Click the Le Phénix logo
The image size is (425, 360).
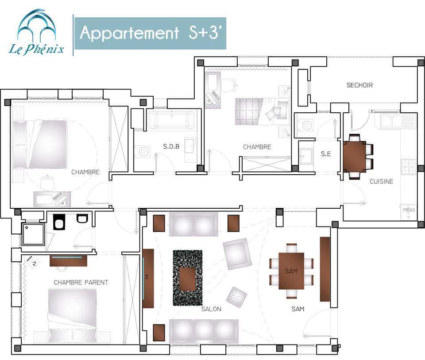click(36, 32)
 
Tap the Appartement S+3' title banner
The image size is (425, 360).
click(151, 33)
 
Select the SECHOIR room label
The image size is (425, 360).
click(359, 85)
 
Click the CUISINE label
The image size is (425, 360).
click(381, 181)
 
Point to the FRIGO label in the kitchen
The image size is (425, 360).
click(409, 210)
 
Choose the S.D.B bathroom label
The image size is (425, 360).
click(171, 146)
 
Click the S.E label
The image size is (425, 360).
click(326, 154)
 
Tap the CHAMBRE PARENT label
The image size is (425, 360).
click(81, 282)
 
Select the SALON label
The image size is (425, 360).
click(211, 309)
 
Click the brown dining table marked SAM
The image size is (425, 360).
click(291, 271)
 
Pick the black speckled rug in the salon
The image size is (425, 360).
click(188, 278)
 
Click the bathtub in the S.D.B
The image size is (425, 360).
click(172, 120)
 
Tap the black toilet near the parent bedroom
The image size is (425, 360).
click(59, 222)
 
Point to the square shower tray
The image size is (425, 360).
click(33, 234)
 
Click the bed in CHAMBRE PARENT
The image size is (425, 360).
click(72, 316)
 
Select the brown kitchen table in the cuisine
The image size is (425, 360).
click(355, 157)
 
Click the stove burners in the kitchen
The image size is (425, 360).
click(408, 167)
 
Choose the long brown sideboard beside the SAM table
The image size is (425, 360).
click(325, 269)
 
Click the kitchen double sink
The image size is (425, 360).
click(398, 121)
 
